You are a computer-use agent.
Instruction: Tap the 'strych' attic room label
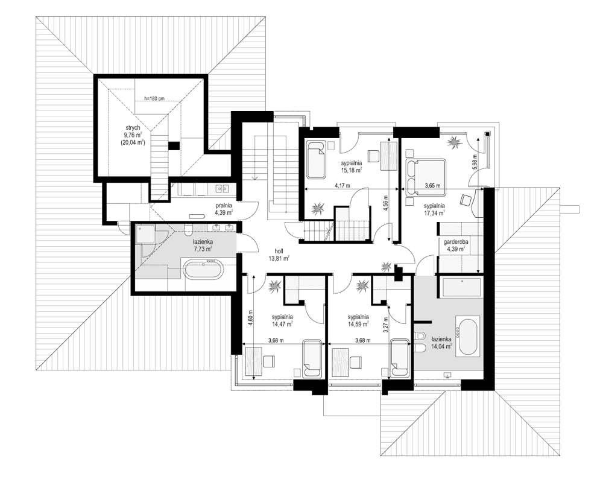(x=133, y=128)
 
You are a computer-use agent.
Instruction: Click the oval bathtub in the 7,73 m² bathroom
(x=204, y=269)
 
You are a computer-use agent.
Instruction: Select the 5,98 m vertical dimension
(x=475, y=161)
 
